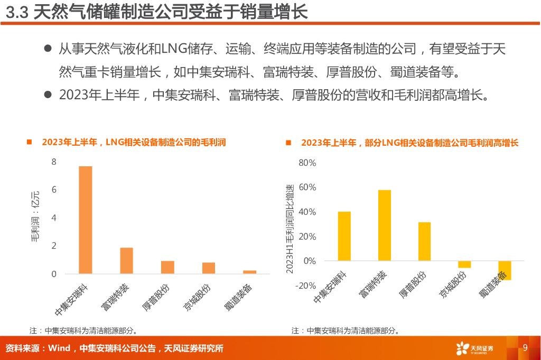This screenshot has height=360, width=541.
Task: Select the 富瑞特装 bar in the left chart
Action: (126, 260)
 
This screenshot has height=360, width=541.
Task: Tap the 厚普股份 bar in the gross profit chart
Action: (167, 267)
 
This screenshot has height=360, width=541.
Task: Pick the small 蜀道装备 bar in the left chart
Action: (250, 272)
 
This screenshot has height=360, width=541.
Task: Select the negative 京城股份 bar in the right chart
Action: (464, 264)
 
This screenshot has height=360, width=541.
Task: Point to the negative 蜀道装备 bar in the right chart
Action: (505, 270)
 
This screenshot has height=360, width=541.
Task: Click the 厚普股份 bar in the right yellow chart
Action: (424, 241)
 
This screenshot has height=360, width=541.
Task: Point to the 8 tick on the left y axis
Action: (54, 162)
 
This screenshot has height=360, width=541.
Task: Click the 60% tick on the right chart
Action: (307, 187)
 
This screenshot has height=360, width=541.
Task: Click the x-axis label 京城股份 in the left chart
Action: (198, 298)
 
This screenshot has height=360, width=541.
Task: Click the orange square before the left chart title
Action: (30, 143)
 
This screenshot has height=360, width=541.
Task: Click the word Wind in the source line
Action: (59, 348)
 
